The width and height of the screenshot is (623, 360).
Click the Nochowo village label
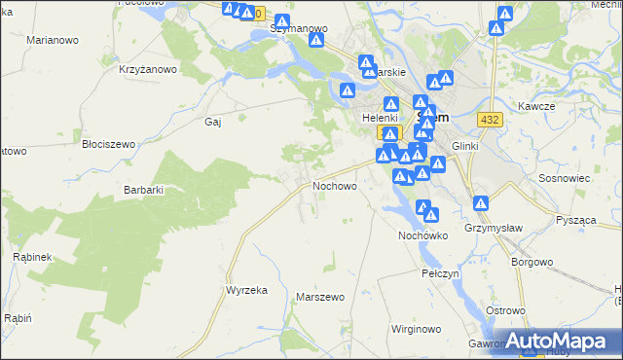[335, 185]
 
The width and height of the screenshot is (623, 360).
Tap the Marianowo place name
[54, 41]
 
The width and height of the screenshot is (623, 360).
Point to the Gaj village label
[214, 122]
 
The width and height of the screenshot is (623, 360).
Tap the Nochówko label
[422, 235]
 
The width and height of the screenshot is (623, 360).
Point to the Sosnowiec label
[562, 180]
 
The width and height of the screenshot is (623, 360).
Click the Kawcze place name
[536, 105]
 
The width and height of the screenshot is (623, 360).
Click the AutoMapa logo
[561, 341]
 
